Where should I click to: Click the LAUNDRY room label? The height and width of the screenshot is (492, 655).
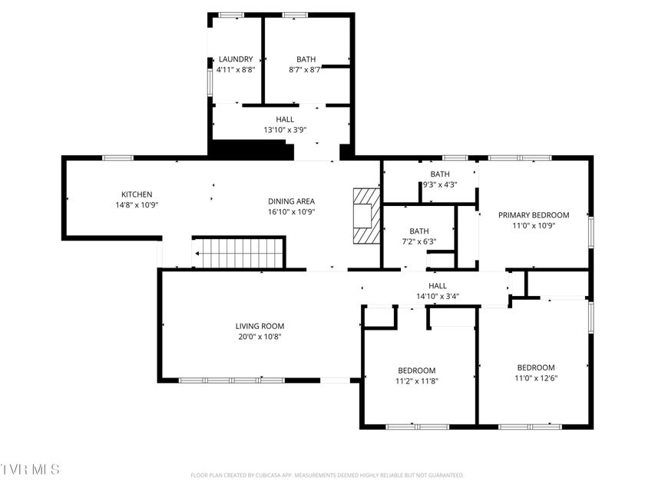coord(236,59)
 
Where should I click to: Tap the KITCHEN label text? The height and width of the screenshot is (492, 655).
coord(137,194)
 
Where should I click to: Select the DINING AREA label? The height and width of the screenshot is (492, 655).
coord(291,201)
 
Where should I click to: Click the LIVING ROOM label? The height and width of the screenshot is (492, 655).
coord(260,326)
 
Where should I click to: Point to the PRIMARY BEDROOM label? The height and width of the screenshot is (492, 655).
coord(534,215)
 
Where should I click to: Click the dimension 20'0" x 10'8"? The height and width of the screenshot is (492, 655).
coord(260,337)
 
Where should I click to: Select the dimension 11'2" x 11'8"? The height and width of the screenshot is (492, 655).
coord(416,381)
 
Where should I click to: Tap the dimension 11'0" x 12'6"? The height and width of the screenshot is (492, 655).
coord(536,378)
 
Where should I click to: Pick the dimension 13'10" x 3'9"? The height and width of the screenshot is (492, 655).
coord(285,130)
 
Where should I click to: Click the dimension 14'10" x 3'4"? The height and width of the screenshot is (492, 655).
coord(438,296)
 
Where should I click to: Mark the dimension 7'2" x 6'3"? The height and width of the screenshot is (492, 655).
coord(419,241)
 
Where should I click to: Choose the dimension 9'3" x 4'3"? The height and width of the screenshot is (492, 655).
coord(440,184)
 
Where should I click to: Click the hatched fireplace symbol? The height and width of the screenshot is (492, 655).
coord(367,215)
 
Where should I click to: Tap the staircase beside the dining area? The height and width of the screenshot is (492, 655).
coord(239,252)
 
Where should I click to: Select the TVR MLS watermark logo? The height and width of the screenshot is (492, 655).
coord(30,470)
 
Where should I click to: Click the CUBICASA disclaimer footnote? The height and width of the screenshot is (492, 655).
coord(327,475)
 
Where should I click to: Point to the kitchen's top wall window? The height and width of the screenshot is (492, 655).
coord(117,158)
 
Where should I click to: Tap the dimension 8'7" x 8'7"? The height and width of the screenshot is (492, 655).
coord(306,70)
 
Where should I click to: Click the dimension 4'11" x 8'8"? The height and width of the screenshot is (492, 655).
coord(236,70)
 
